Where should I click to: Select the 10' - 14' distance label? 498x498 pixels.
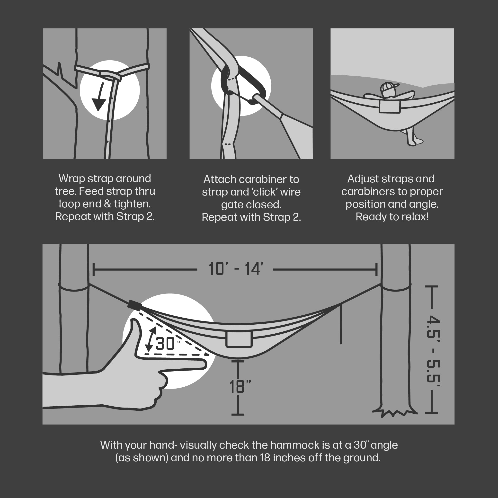[x=236, y=269]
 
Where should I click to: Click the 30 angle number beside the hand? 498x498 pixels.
[x=165, y=344]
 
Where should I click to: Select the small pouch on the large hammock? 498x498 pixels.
[x=239, y=339]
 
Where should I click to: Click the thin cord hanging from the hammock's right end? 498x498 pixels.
[x=341, y=325]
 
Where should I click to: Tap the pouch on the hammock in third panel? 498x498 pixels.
[x=389, y=107]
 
